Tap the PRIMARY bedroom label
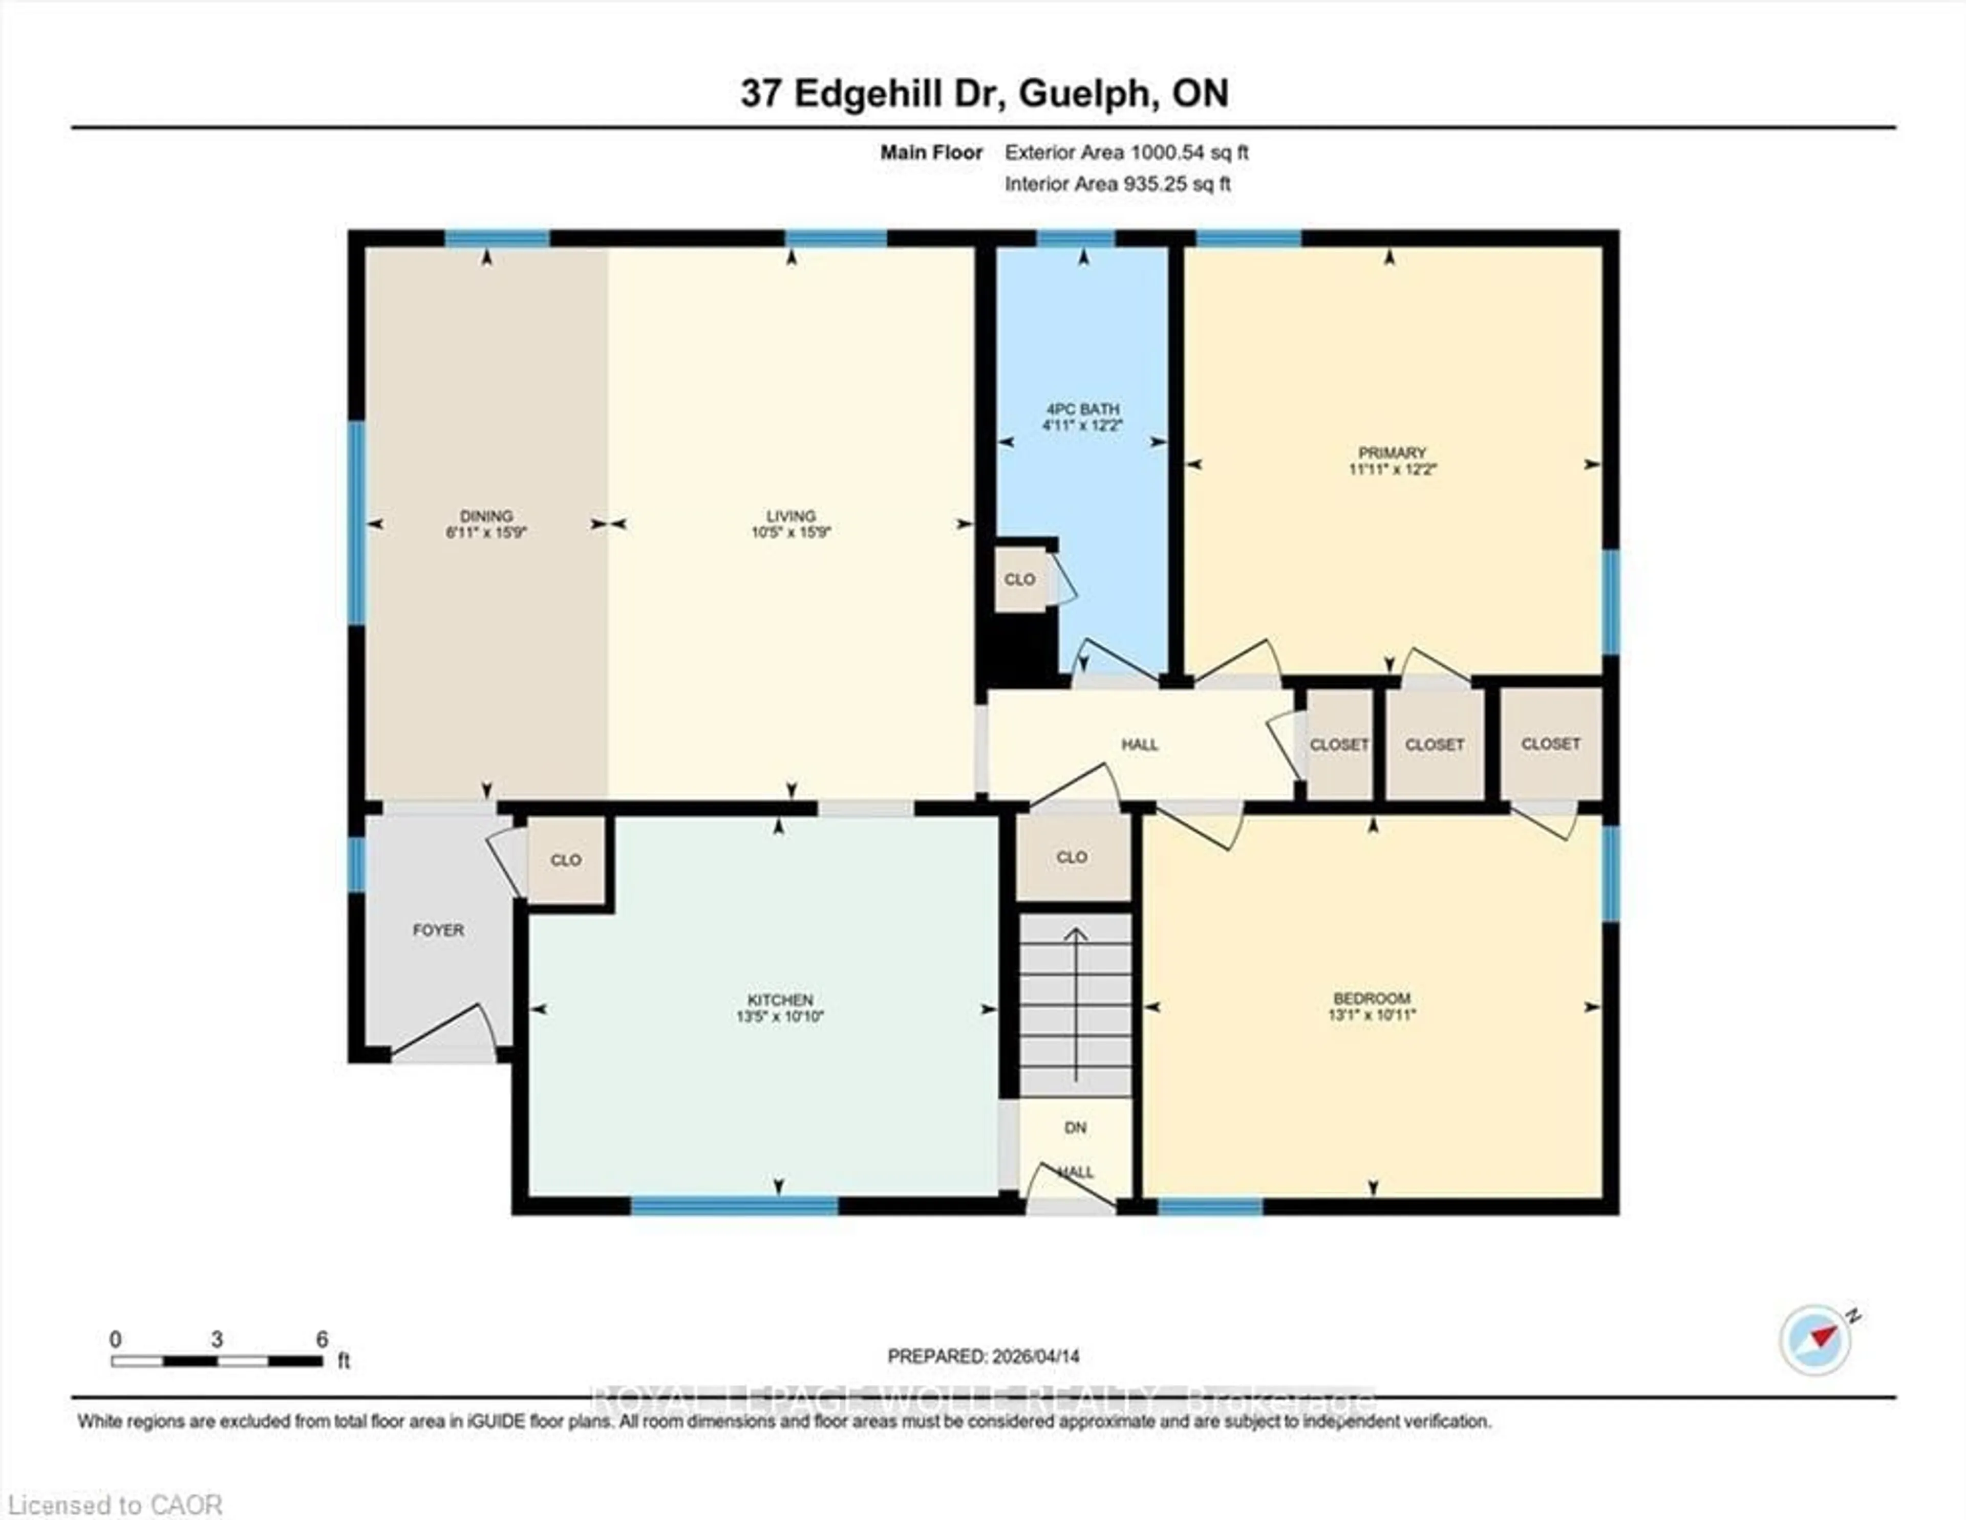point(1392,452)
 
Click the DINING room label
point(486,516)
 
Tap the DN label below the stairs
point(1075,1127)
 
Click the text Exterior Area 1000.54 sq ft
point(1126,153)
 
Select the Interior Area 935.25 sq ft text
point(1117,184)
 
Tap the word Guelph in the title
point(1088,94)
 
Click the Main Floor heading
point(931,153)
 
